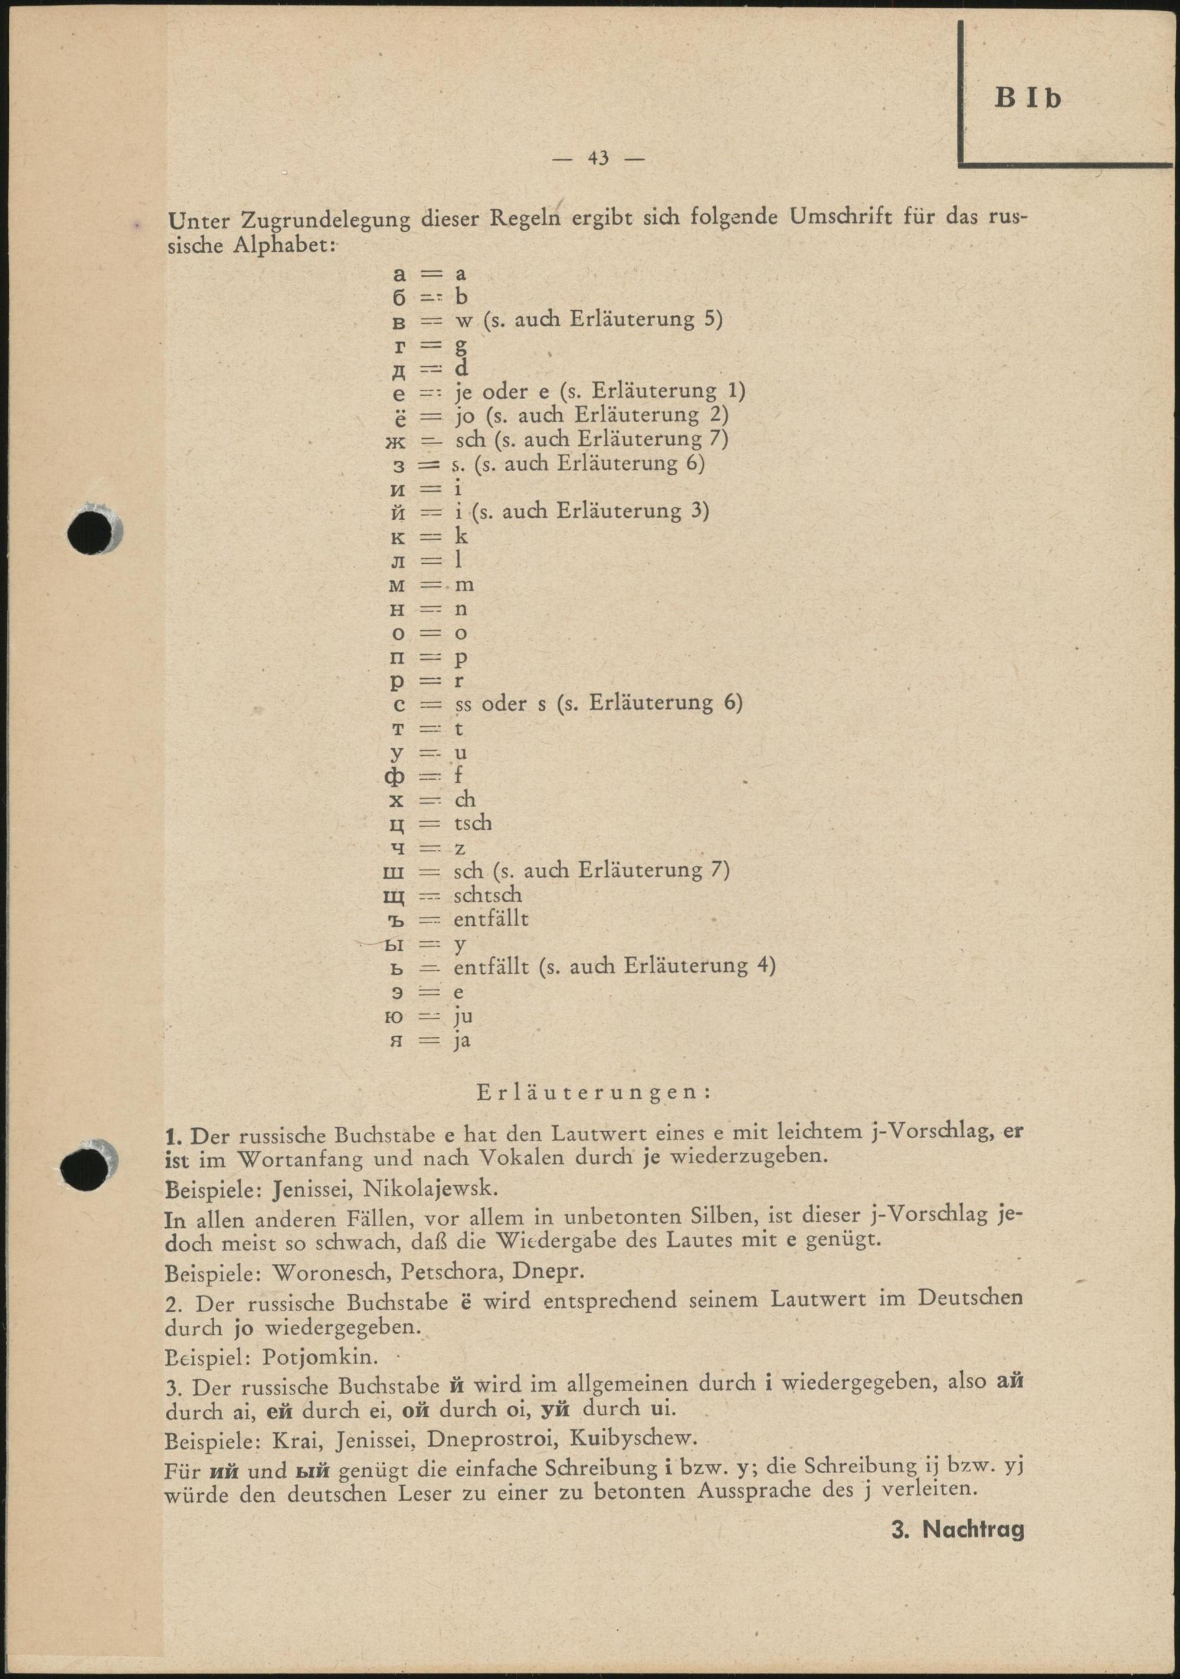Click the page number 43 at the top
point(598,158)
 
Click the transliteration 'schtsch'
point(488,894)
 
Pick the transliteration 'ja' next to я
point(461,1040)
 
